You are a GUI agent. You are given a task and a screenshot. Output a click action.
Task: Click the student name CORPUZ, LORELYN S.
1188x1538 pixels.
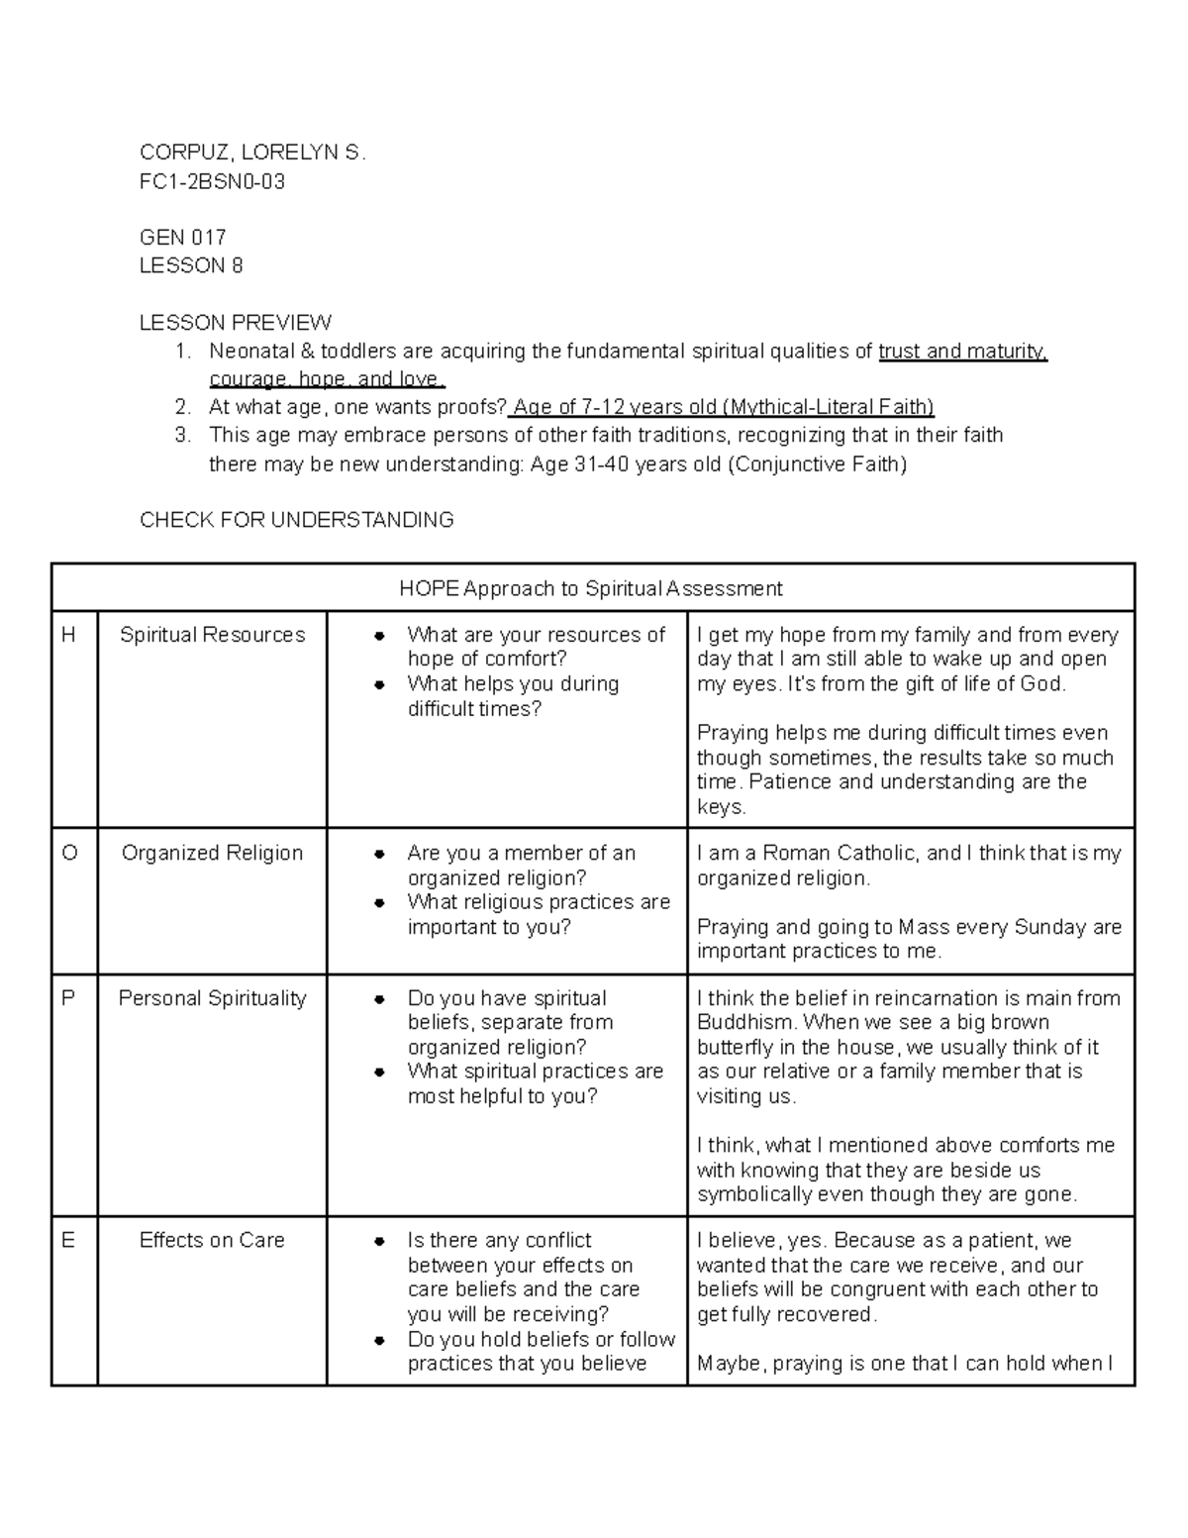(x=252, y=153)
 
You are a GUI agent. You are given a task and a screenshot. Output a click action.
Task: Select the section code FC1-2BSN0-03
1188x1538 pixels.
(x=212, y=181)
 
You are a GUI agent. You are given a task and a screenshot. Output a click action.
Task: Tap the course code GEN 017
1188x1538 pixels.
(x=183, y=238)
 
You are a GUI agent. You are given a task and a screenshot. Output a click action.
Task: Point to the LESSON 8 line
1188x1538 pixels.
(x=191, y=265)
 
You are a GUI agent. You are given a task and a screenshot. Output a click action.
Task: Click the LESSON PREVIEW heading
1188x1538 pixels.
(x=236, y=323)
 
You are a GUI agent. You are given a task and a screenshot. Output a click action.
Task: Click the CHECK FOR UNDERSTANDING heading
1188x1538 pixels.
(x=296, y=520)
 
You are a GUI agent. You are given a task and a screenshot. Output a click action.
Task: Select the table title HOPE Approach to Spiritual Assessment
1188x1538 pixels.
(x=591, y=589)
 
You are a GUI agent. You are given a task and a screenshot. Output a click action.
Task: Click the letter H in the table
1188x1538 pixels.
(x=68, y=635)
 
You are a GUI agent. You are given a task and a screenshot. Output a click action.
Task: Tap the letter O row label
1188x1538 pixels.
(x=69, y=853)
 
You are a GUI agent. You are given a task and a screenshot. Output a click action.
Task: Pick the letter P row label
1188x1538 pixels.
(x=68, y=998)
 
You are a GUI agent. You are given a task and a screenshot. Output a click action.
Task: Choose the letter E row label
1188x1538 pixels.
(x=68, y=1240)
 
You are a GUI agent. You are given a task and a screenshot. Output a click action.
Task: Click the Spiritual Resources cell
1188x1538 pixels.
(x=212, y=635)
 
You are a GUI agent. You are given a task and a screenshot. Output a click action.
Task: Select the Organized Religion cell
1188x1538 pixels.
(x=212, y=853)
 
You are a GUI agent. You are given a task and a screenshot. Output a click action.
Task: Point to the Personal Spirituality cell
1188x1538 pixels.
(x=212, y=998)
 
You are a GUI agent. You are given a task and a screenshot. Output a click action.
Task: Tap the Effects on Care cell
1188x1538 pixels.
(x=212, y=1240)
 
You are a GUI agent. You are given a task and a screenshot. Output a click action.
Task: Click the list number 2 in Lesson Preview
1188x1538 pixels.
(x=181, y=407)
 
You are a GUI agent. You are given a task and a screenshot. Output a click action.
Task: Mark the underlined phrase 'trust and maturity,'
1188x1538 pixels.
(x=962, y=352)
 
